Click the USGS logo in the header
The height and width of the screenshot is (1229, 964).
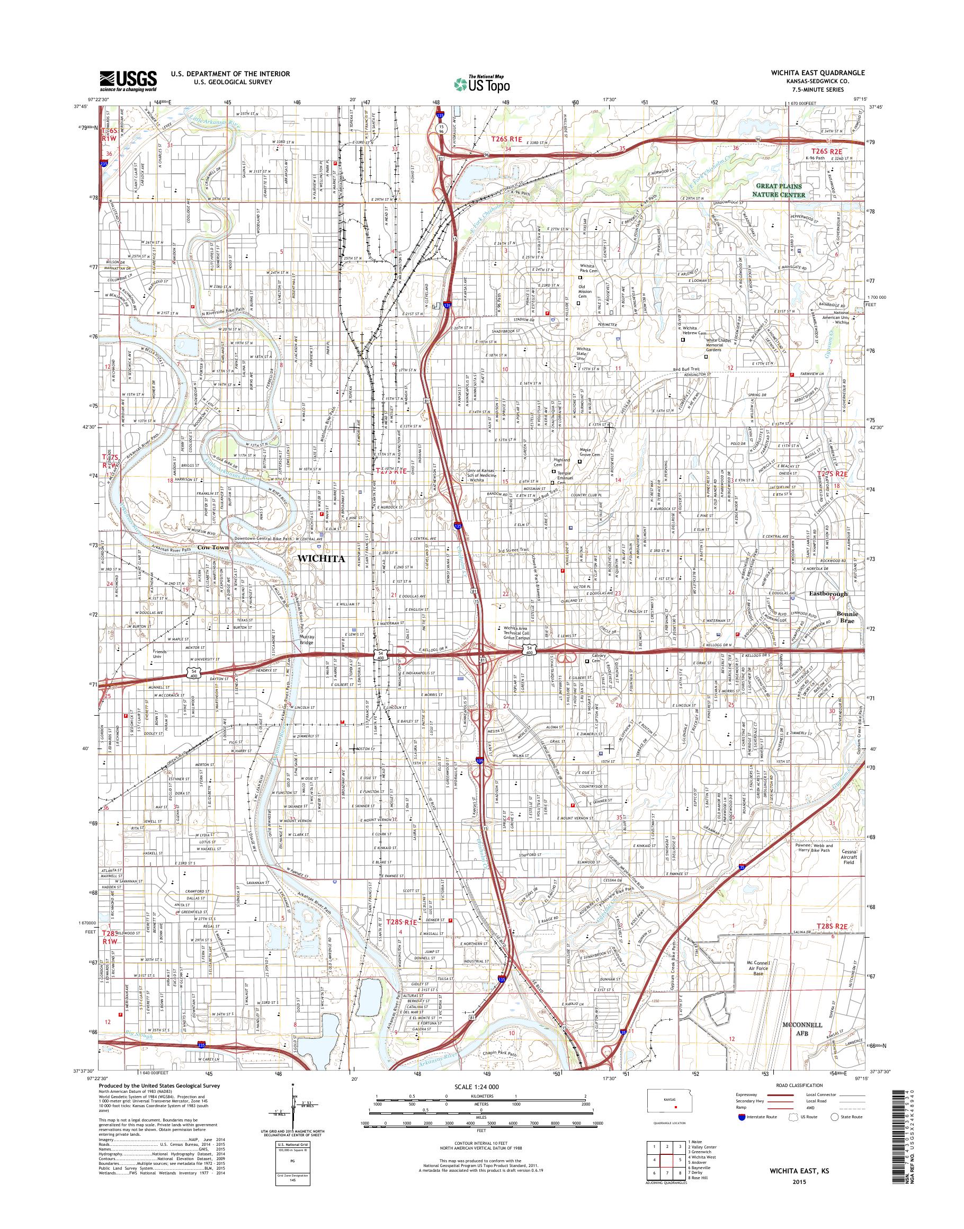click(128, 80)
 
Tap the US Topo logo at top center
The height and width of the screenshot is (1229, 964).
click(481, 84)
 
